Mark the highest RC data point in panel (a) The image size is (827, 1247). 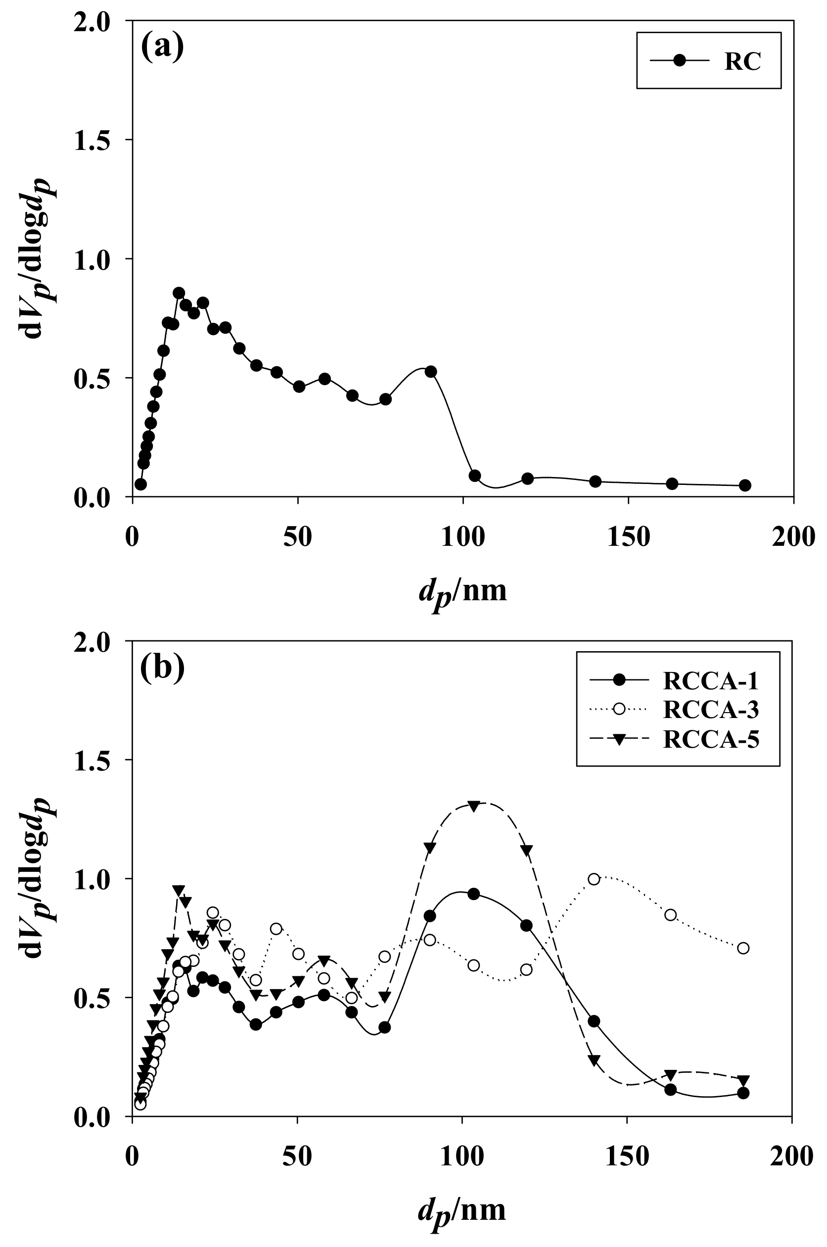click(x=179, y=293)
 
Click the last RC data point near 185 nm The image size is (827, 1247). click(x=745, y=485)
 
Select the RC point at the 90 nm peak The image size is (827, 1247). click(x=431, y=371)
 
